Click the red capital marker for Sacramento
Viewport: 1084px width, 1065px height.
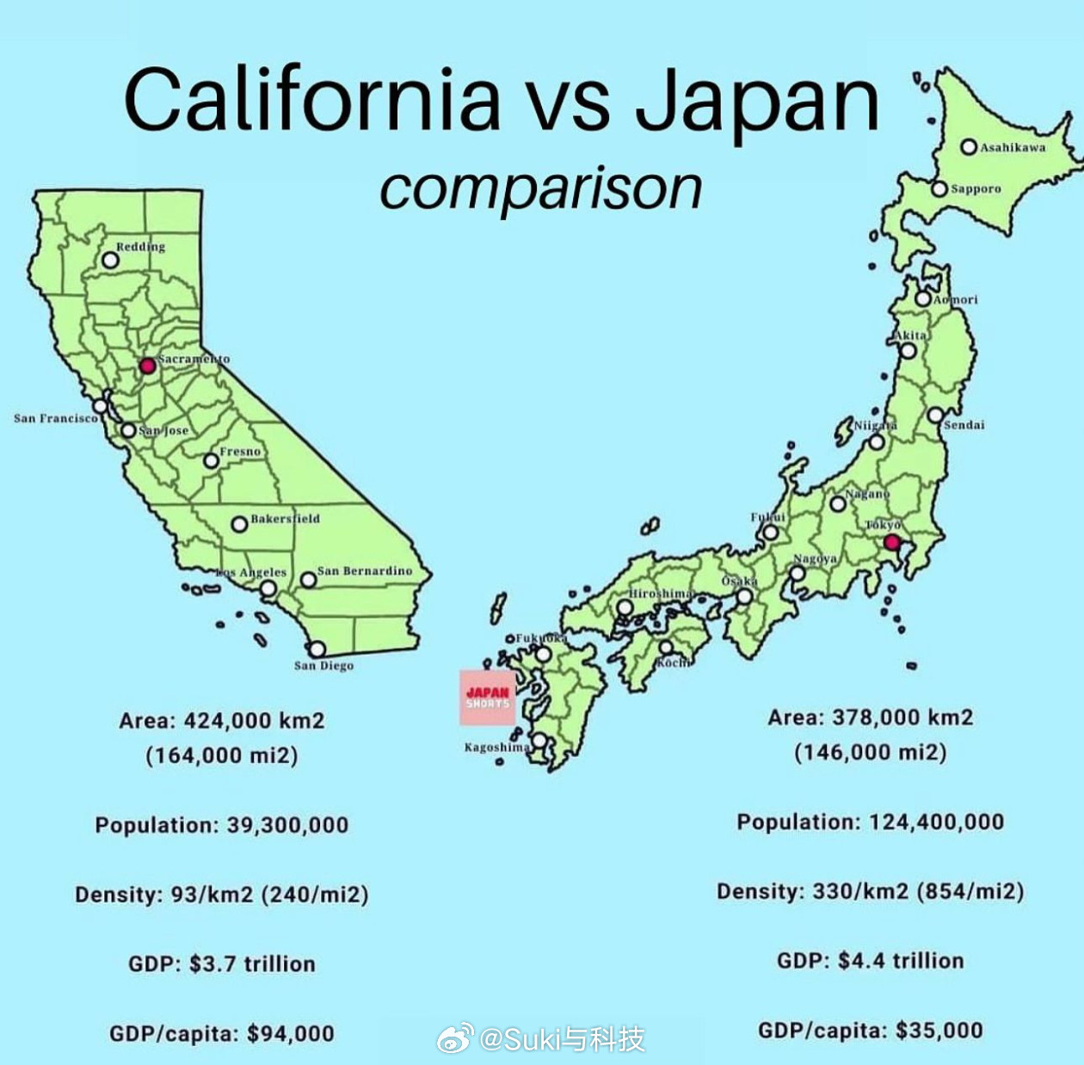[147, 366]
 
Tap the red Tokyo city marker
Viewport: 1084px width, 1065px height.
[892, 542]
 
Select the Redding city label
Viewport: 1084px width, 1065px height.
[140, 247]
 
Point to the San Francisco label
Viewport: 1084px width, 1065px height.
[56, 419]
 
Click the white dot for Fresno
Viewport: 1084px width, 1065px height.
[211, 461]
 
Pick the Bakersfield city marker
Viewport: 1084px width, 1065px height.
[239, 524]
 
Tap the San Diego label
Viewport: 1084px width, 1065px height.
[323, 666]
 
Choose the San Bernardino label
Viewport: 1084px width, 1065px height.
[365, 571]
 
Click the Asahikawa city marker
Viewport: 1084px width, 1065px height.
[969, 147]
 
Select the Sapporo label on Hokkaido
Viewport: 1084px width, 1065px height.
[976, 189]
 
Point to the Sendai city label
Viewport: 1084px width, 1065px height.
[964, 425]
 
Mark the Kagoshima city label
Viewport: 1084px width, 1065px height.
[496, 748]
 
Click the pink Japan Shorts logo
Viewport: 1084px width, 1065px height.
[488, 698]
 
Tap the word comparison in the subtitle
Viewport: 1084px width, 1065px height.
[541, 188]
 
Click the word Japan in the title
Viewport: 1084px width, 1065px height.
[757, 100]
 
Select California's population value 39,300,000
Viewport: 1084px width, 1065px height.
[287, 826]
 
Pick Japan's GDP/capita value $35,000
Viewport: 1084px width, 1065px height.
[939, 1031]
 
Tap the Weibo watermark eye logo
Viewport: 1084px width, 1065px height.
[455, 1038]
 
